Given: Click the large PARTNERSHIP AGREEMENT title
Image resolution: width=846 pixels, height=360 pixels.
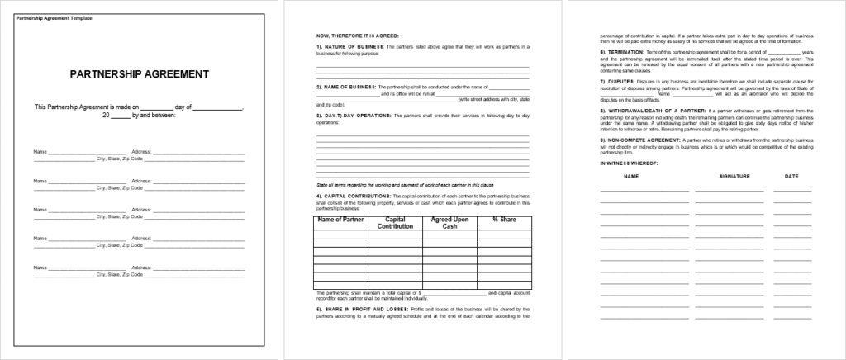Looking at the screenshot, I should coord(139,74).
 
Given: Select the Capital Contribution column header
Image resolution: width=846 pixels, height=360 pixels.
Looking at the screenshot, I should coord(394,223).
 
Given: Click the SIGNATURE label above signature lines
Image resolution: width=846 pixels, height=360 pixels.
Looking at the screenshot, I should coord(734,177).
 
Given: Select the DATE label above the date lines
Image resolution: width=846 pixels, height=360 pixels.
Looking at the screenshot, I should coord(791,177).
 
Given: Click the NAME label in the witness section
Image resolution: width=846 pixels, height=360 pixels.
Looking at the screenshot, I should coord(631,177).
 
